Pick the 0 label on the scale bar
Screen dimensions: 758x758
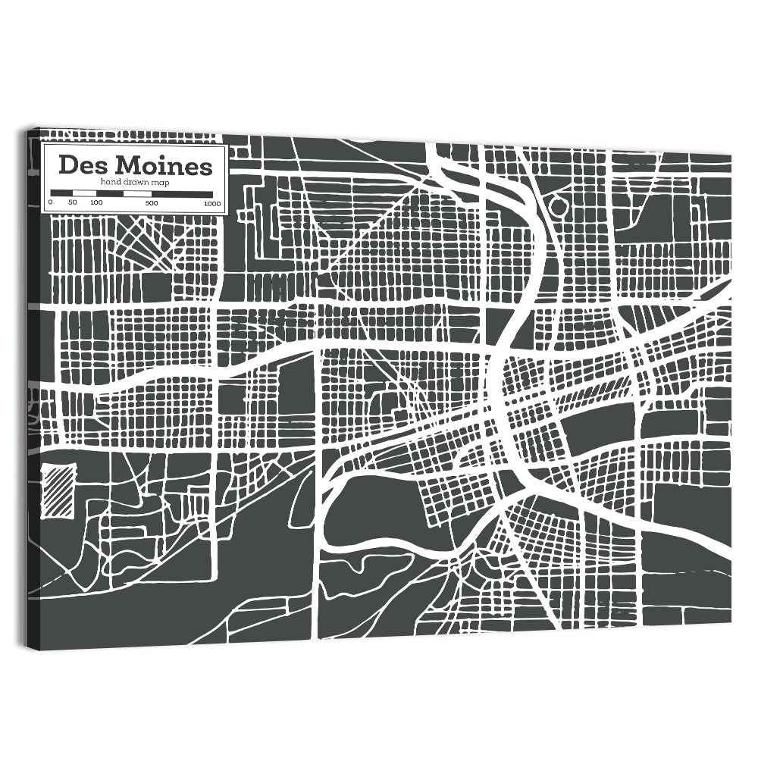pyautogui.click(x=50, y=203)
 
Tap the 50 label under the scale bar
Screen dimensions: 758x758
pyautogui.click(x=73, y=203)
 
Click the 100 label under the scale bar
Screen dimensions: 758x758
pyautogui.click(x=96, y=203)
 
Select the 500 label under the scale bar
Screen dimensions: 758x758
pyautogui.click(x=152, y=203)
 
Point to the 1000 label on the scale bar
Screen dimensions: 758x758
pyautogui.click(x=211, y=203)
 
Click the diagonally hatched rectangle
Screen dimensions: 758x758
pyautogui.click(x=58, y=492)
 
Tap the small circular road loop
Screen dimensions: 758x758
pyautogui.click(x=559, y=205)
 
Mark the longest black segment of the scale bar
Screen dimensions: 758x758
pyautogui.click(x=182, y=194)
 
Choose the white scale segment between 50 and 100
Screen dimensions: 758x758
pyautogui.click(x=85, y=194)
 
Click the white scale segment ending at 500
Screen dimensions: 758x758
pyautogui.click(x=138, y=194)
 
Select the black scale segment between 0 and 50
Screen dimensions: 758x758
pyautogui.click(x=61, y=194)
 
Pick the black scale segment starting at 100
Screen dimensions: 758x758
pyautogui.click(x=110, y=194)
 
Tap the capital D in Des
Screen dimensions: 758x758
pyautogui.click(x=68, y=165)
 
